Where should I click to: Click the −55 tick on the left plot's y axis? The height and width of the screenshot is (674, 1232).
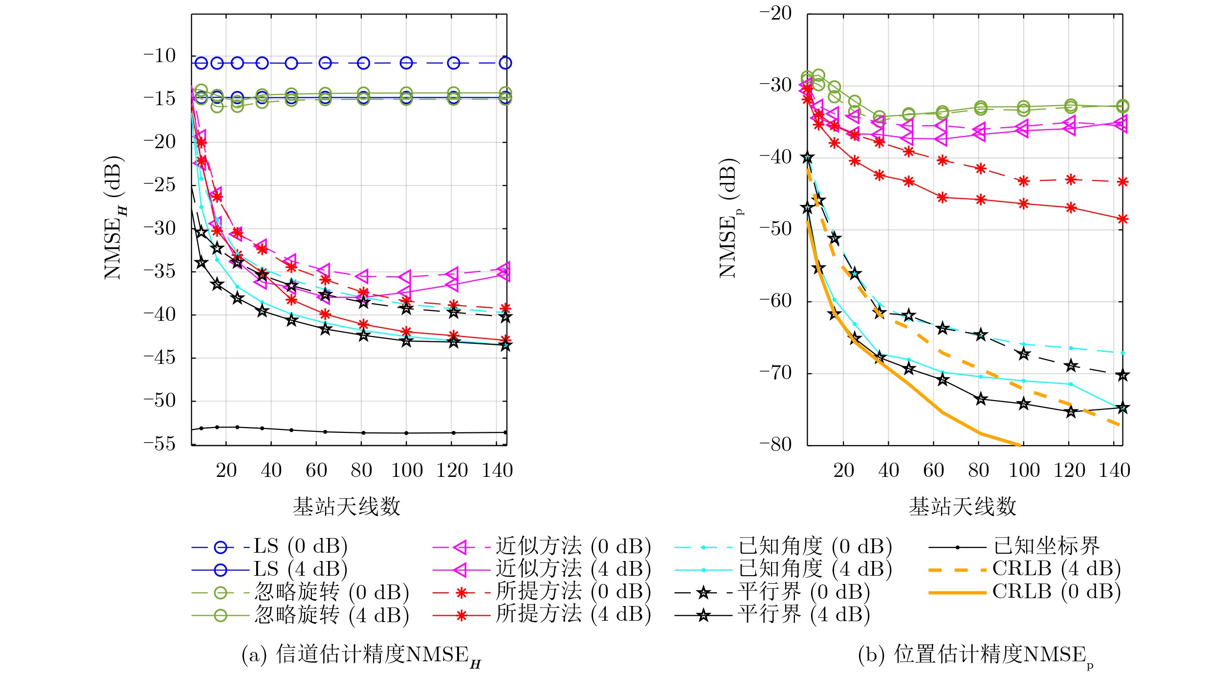click(159, 444)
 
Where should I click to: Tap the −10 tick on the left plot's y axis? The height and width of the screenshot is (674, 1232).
click(159, 56)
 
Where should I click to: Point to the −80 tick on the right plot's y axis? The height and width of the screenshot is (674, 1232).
click(776, 444)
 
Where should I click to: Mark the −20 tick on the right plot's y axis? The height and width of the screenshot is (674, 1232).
click(776, 13)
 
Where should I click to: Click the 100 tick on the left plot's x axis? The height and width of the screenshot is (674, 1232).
click(407, 471)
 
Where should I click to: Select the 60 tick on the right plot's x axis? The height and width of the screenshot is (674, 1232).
click(934, 471)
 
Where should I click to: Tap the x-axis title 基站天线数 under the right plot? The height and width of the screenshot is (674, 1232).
click(963, 507)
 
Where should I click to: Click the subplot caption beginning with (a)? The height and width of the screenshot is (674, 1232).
click(361, 655)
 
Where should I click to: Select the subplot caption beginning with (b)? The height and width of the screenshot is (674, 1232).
click(976, 655)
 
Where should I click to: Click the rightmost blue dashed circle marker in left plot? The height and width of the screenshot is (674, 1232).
click(506, 63)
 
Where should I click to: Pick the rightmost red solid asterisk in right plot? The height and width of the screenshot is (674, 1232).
click(1123, 219)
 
